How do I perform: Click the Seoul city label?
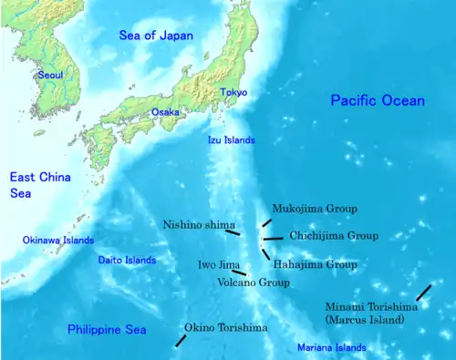[x=51, y=76]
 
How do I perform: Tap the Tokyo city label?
[x=233, y=92]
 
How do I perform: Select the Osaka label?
[x=165, y=111]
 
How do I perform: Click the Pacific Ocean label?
[x=377, y=100]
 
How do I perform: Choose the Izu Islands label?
[x=230, y=140]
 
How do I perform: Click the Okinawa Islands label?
[x=58, y=241]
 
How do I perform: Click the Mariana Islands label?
[x=331, y=347]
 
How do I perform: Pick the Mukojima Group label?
[x=308, y=208]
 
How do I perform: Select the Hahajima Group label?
[x=315, y=264]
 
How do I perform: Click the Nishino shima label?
[x=199, y=224]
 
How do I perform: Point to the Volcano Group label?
[x=254, y=283]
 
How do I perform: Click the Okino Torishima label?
[x=225, y=327]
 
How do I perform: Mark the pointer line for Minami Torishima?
[x=423, y=292]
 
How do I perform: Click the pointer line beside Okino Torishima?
[x=181, y=340]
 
